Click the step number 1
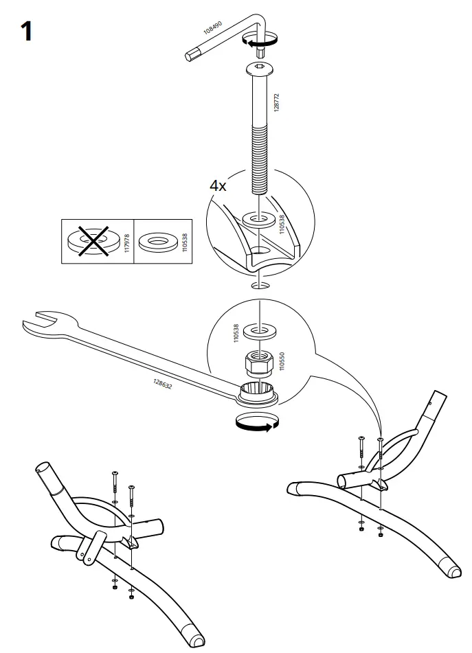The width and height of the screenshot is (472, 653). (26, 31)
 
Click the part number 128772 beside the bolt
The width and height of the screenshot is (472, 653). (277, 105)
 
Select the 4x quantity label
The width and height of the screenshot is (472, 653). (218, 185)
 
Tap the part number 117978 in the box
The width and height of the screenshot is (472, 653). (126, 242)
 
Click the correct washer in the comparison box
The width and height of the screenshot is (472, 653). (158, 242)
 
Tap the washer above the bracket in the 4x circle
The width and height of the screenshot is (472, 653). (258, 220)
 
